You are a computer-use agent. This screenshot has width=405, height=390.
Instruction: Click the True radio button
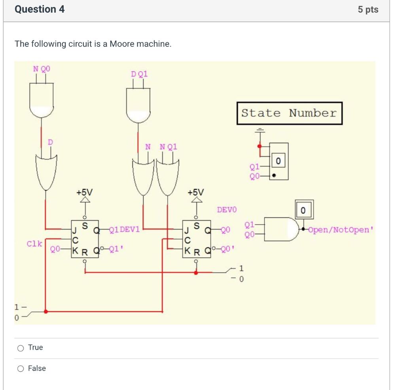click(21, 348)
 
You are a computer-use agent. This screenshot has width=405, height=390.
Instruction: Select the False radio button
click(21, 369)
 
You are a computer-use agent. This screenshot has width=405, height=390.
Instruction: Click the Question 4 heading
click(40, 9)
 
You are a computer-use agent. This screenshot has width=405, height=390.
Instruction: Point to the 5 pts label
click(368, 10)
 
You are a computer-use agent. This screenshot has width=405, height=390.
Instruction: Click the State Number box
click(289, 113)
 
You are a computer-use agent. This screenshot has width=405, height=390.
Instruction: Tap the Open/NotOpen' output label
click(340, 230)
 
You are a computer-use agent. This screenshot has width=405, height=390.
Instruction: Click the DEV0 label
click(227, 209)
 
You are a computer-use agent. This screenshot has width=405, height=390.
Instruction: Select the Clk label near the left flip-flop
click(34, 244)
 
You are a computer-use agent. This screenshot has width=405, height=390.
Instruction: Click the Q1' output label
click(117, 250)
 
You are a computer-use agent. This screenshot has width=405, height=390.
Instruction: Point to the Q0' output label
click(228, 250)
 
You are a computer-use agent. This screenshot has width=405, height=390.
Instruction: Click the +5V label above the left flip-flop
click(85, 192)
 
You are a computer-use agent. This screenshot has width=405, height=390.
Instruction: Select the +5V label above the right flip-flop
click(196, 192)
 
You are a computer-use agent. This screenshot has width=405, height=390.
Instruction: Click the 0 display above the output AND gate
click(304, 209)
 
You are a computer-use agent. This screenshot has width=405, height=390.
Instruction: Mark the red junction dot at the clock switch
click(46, 312)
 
